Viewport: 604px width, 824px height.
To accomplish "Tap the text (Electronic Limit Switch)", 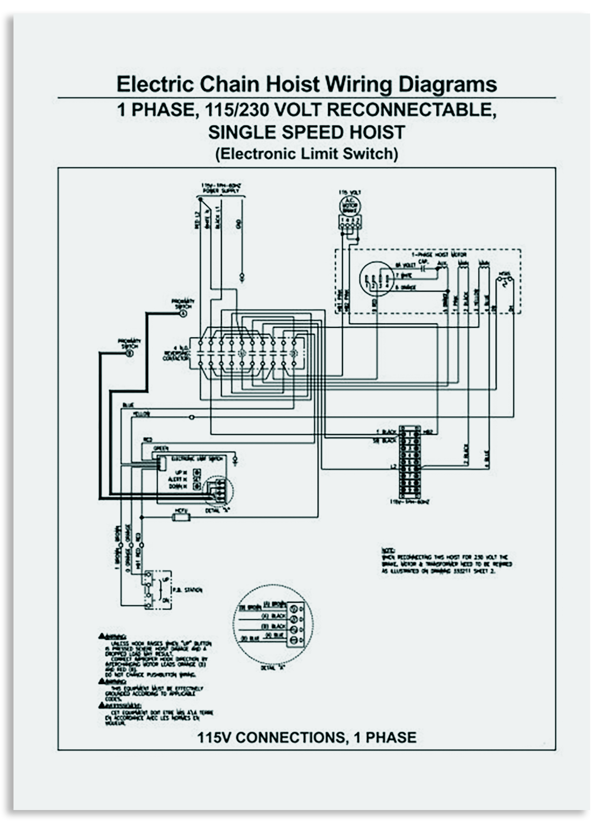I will [x=306, y=153].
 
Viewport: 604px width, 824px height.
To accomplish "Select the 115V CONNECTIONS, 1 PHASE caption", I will [x=306, y=737].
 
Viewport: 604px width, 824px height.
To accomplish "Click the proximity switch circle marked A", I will [x=183, y=314].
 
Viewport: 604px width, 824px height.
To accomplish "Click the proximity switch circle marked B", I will [x=130, y=353].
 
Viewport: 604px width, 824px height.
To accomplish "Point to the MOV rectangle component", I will [x=180, y=516].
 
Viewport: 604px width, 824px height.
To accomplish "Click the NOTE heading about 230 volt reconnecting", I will [x=387, y=550].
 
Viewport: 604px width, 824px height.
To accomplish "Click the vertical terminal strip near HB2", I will [x=409, y=463].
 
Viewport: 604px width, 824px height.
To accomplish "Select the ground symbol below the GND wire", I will [x=241, y=278].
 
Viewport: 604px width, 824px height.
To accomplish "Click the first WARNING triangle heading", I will [x=112, y=636].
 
